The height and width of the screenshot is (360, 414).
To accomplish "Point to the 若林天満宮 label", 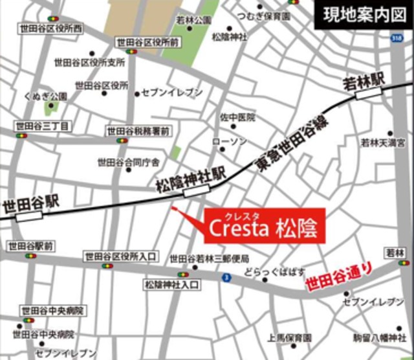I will pyautogui.click(x=383, y=142).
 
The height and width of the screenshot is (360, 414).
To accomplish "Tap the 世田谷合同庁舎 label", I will pyautogui.click(x=128, y=162).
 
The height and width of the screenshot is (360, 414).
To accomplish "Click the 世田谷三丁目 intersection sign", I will pyautogui.click(x=41, y=126).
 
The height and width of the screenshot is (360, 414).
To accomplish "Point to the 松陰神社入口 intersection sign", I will pyautogui.click(x=171, y=284).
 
